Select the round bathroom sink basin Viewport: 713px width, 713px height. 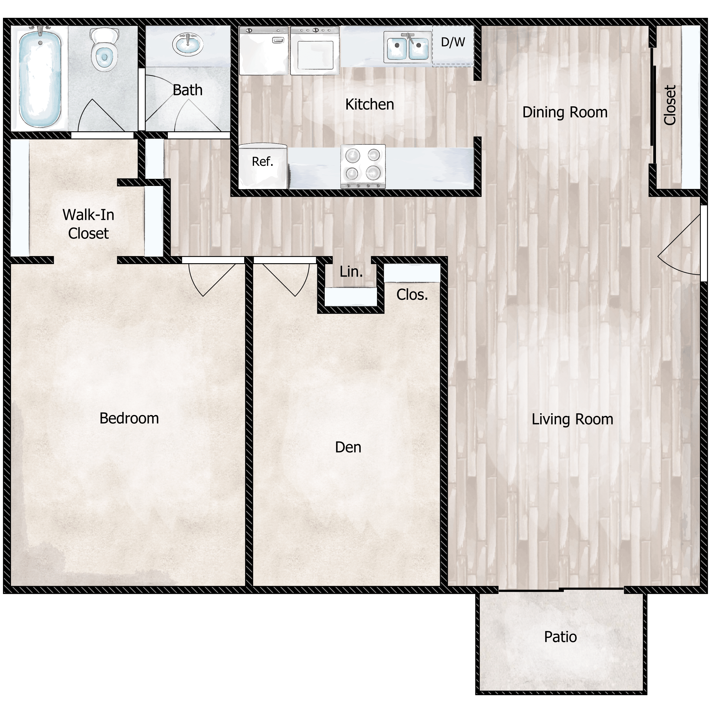click(187, 44)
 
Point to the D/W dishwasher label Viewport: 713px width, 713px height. click(453, 42)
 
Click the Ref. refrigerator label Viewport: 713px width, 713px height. click(262, 161)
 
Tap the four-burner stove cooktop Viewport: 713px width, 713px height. click(363, 166)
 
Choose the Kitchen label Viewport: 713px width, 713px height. click(369, 105)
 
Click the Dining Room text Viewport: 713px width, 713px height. click(565, 112)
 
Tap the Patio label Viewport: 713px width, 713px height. click(560, 637)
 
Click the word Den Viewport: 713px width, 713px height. click(348, 447)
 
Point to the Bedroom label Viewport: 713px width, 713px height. click(129, 418)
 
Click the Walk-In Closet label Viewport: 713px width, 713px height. click(88, 224)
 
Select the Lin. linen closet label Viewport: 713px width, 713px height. click(351, 272)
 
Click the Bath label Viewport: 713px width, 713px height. click(187, 90)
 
